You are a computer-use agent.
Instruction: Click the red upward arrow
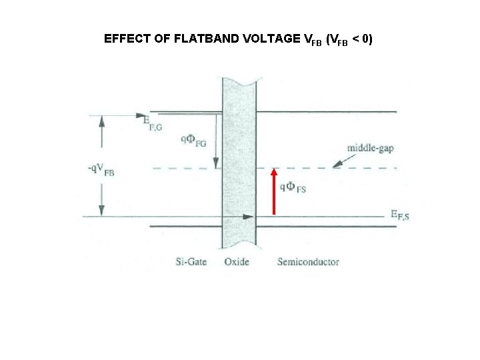[274, 192]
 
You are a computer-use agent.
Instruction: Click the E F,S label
[400, 215]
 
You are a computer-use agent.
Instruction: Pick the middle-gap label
[369, 147]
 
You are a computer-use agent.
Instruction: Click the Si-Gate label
[191, 261]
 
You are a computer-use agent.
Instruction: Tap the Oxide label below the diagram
[236, 261]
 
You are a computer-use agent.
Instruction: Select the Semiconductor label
[308, 261]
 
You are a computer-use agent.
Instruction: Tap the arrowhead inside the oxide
[249, 217]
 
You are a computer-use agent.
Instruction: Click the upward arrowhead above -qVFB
[101, 121]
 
